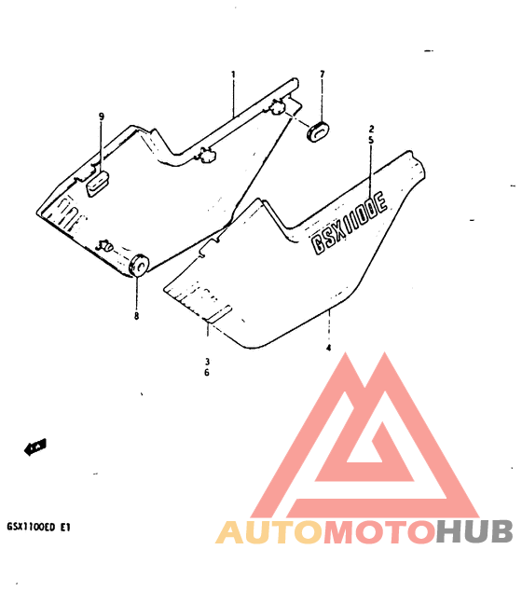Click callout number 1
point(233,75)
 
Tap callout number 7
point(322,75)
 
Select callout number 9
point(102,117)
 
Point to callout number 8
point(136,316)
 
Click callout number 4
point(329,348)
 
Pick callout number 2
point(371,129)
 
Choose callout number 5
point(371,140)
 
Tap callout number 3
point(207,362)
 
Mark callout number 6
point(207,373)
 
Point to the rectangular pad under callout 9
point(98,183)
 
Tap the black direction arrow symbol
point(35,447)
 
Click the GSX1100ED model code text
point(31,527)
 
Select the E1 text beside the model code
point(65,527)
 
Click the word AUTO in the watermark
point(269,532)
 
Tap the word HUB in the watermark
point(474,531)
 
